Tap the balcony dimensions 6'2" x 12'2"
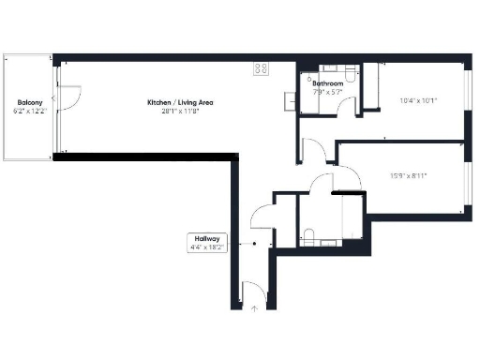(x=29, y=111)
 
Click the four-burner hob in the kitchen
(x=261, y=68)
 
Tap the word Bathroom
(x=327, y=82)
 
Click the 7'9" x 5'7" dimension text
(x=327, y=91)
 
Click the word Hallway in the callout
(x=207, y=239)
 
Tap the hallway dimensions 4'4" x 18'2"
(x=207, y=248)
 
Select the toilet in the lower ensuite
(x=309, y=234)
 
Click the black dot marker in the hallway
(x=254, y=243)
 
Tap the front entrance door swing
(x=247, y=291)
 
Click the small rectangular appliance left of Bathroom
(x=290, y=100)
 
